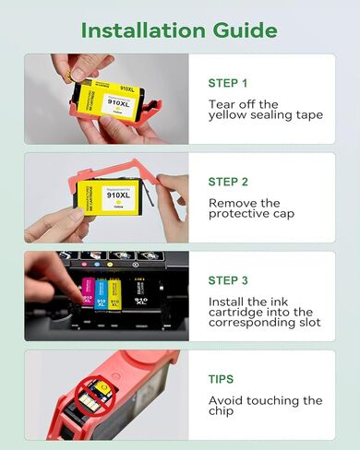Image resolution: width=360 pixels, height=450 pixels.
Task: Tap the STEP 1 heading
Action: click(228, 83)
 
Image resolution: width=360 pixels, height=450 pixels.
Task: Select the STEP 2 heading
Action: click(228, 182)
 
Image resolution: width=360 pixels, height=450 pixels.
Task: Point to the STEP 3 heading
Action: click(228, 280)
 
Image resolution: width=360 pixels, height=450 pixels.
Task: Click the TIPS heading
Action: click(222, 379)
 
